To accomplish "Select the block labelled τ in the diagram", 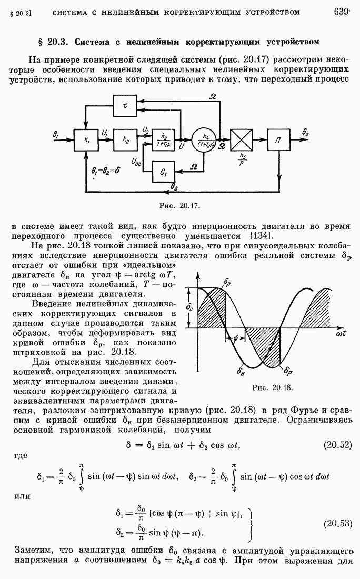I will click(125, 105).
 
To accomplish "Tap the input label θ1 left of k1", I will click(56, 134).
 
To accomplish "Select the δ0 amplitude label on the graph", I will click(190, 306).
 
